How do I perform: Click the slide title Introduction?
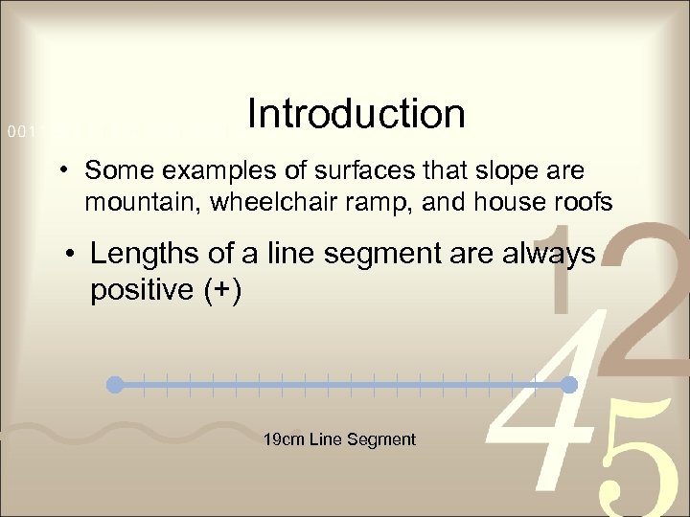356,114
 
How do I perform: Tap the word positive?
142,289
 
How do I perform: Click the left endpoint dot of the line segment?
115,385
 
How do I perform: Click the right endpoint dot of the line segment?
568,385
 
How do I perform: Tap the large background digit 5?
632,460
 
